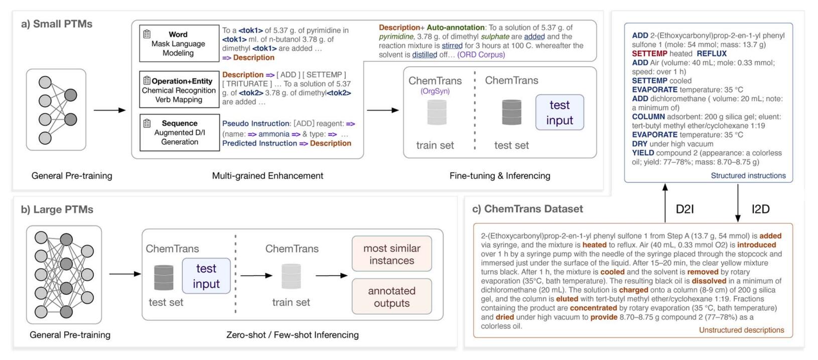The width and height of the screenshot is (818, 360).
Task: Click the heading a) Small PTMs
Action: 57,24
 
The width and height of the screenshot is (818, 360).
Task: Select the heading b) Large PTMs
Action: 57,209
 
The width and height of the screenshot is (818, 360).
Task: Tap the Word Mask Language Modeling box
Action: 178,44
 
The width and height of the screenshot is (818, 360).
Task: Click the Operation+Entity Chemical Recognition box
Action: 179,90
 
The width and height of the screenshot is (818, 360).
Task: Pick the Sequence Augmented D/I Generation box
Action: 179,133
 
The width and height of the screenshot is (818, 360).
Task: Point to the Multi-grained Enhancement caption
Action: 267,176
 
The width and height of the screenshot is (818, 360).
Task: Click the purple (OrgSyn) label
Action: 435,91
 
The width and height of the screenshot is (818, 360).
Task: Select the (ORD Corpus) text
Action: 481,55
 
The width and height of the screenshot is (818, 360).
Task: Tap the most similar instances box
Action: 391,254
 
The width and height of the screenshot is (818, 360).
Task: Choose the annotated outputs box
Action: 391,297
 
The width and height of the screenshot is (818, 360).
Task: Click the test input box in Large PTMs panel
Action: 206,276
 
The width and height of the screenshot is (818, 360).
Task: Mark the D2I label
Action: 685,209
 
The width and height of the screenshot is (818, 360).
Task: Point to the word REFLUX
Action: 712,54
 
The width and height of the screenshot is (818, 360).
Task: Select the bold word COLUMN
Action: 648,117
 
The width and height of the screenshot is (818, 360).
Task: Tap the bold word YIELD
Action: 643,153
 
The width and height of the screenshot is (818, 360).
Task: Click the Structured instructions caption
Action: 748,176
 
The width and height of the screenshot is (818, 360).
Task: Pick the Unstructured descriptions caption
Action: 741,330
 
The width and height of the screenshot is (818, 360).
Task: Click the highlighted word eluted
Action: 567,299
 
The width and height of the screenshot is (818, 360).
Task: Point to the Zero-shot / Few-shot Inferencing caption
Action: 292,335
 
